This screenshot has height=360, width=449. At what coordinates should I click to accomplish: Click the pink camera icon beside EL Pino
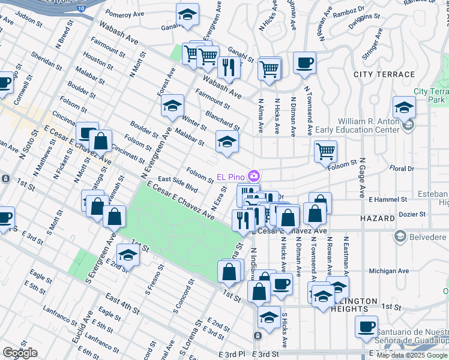(255, 175)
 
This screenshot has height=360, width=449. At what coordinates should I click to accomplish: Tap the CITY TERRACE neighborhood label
(384, 74)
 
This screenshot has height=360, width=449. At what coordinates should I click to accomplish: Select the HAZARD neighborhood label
(378, 219)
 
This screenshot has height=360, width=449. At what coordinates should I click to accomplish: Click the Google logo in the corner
(20, 353)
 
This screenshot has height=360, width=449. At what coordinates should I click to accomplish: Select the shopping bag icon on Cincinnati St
(101, 141)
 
